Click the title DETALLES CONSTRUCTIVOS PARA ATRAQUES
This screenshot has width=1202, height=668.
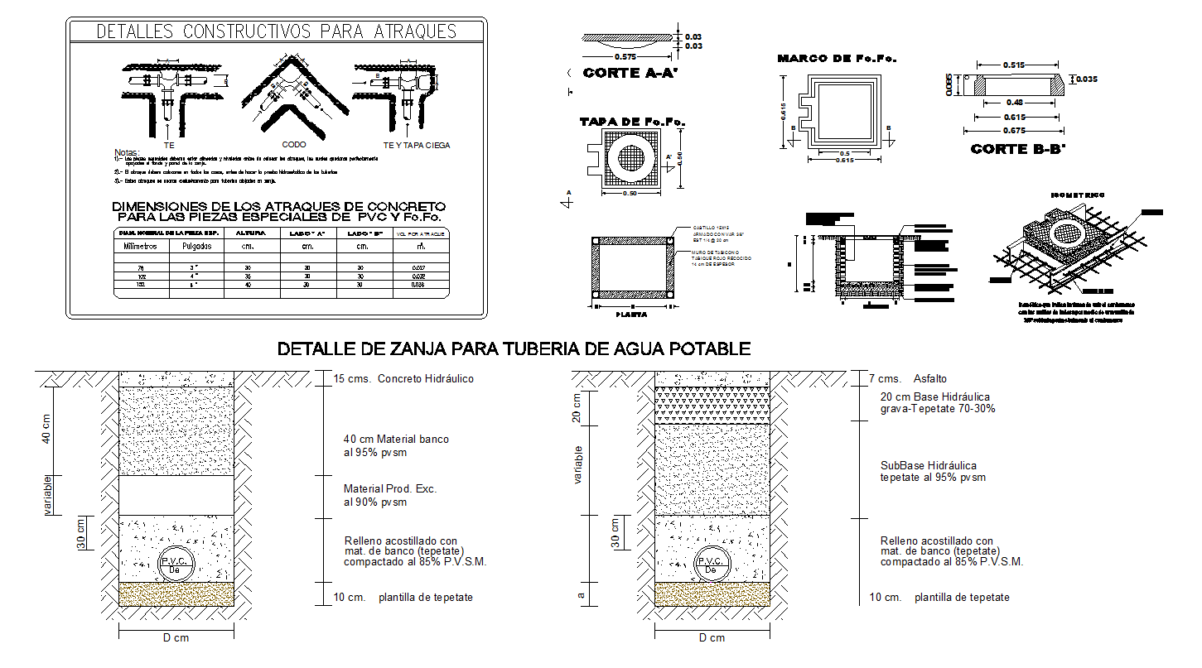point(277,31)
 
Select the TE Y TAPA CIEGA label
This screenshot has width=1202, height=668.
point(417,145)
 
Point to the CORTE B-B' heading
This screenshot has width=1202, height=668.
point(1017,149)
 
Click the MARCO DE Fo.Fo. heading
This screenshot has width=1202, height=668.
point(837,59)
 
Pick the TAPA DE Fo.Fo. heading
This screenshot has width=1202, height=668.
point(632,122)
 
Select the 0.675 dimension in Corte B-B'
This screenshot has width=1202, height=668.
point(1012,130)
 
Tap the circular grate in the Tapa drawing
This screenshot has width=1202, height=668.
point(632,159)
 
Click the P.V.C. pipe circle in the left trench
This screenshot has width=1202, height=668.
point(176,563)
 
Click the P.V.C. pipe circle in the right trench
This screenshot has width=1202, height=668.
point(710,563)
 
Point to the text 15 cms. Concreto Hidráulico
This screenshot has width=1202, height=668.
point(403,379)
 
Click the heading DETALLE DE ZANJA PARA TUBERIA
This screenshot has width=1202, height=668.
point(514,348)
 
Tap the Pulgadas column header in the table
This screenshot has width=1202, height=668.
point(196,246)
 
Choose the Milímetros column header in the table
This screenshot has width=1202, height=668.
point(142,246)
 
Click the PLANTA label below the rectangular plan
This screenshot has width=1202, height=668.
point(631,314)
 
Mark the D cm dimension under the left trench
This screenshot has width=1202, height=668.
point(176,637)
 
